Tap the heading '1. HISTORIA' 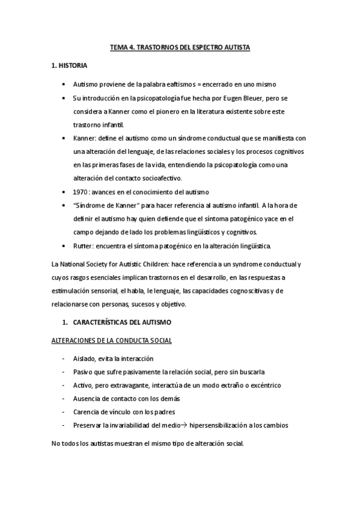[70, 65]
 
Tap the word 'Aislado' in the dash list [84, 358]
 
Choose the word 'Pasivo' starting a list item [83, 372]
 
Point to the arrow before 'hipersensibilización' [183, 425]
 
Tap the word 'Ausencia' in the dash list [87, 398]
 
